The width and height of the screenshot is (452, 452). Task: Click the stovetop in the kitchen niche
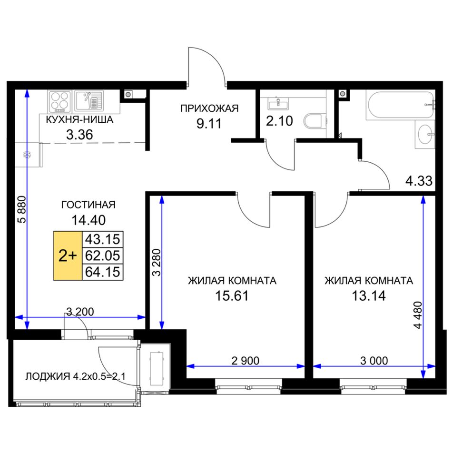(59, 101)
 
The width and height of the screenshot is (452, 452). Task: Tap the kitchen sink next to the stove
(89, 100)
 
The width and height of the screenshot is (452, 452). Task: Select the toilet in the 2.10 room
(314, 121)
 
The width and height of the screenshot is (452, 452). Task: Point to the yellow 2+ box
(68, 255)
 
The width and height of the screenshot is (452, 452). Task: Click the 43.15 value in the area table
(103, 239)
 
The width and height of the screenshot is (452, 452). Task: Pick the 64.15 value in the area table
(103, 272)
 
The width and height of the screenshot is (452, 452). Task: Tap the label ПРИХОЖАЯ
(209, 108)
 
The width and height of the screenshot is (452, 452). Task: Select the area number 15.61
(232, 296)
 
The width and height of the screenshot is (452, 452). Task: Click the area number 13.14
(369, 296)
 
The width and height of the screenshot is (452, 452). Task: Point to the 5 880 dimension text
(21, 209)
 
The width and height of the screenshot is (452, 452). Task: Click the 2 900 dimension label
(246, 361)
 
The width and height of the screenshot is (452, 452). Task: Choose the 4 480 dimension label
(418, 315)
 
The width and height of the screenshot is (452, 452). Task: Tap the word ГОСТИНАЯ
(88, 205)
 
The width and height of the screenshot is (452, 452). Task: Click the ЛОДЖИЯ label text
(48, 376)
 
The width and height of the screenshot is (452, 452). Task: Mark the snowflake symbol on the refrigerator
(27, 155)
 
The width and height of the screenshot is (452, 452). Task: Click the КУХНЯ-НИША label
(79, 119)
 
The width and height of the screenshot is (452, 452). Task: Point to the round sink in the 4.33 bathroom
(425, 134)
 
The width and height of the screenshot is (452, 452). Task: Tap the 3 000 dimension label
(374, 361)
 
